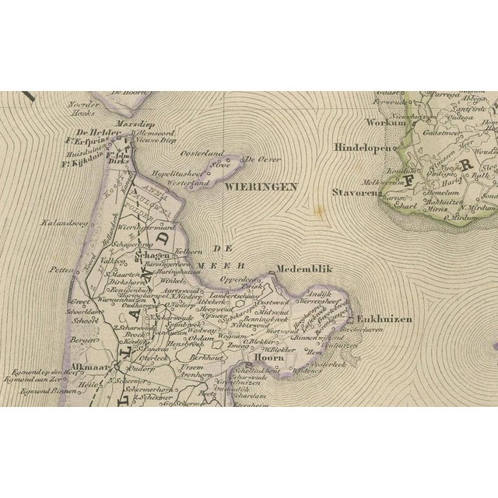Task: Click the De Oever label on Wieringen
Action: click(262, 160)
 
